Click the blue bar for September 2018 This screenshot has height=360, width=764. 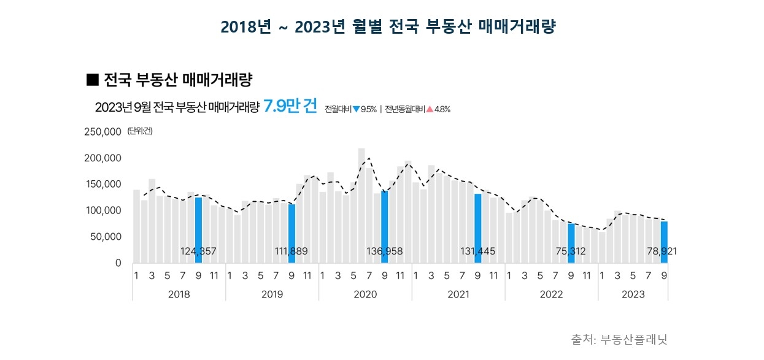[198, 230]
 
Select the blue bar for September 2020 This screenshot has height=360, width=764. [385, 227]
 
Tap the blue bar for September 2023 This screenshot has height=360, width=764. [664, 242]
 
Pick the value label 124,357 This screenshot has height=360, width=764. [198, 251]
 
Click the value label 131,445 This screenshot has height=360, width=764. [477, 251]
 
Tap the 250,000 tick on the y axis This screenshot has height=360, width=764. [104, 132]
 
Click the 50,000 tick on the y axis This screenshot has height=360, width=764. [107, 237]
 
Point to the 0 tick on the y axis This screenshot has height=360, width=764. [118, 263]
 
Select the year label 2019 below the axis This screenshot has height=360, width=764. [272, 294]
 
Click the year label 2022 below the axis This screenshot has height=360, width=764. [551, 294]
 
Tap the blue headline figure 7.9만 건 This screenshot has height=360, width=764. [290, 107]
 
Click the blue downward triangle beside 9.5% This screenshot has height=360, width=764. [357, 109]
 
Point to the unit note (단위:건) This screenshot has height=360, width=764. [139, 131]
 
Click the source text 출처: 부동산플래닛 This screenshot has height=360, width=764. [619, 339]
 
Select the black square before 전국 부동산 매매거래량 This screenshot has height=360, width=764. [93, 79]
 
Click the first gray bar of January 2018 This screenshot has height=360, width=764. [136, 226]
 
